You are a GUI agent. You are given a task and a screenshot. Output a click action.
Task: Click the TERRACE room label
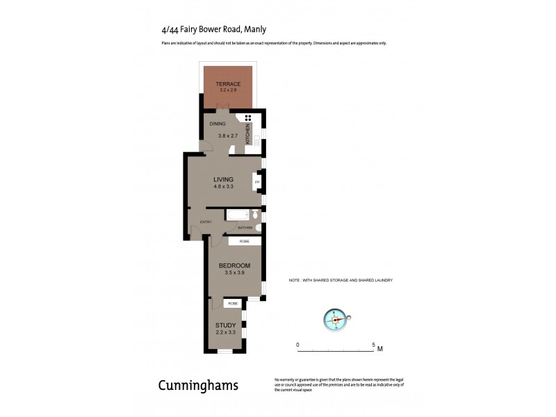pos(228,83)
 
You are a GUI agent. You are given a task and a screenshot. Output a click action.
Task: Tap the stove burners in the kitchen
pos(248,117)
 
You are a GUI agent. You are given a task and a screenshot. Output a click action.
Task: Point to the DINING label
pos(219,124)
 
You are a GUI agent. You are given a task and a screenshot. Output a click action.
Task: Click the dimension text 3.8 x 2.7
pos(228,136)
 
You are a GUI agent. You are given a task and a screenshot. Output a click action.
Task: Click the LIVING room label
pos(223,179)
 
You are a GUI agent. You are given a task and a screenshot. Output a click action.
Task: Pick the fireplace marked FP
pos(256,183)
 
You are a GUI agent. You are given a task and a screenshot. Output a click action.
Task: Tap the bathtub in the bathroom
pos(237,215)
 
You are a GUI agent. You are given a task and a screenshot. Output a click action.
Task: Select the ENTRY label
pos(205,222)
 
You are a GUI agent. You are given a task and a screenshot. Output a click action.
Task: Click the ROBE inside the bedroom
pos(245,241)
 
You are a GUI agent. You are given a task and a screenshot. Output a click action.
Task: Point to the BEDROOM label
pos(234,266)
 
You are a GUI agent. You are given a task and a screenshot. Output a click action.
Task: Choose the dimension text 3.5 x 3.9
pos(234,273)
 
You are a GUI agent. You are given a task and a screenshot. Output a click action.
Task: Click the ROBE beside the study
pos(232,304)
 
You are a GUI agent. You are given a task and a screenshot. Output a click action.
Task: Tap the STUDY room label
pos(225,325)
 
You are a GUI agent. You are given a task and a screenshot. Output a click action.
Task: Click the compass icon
pos(336,319)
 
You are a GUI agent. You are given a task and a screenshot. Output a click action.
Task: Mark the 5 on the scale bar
pos(374,345)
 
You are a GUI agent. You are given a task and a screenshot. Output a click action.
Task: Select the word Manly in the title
pos(253,29)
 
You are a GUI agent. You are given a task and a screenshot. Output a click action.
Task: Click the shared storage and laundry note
pos(341,280)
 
